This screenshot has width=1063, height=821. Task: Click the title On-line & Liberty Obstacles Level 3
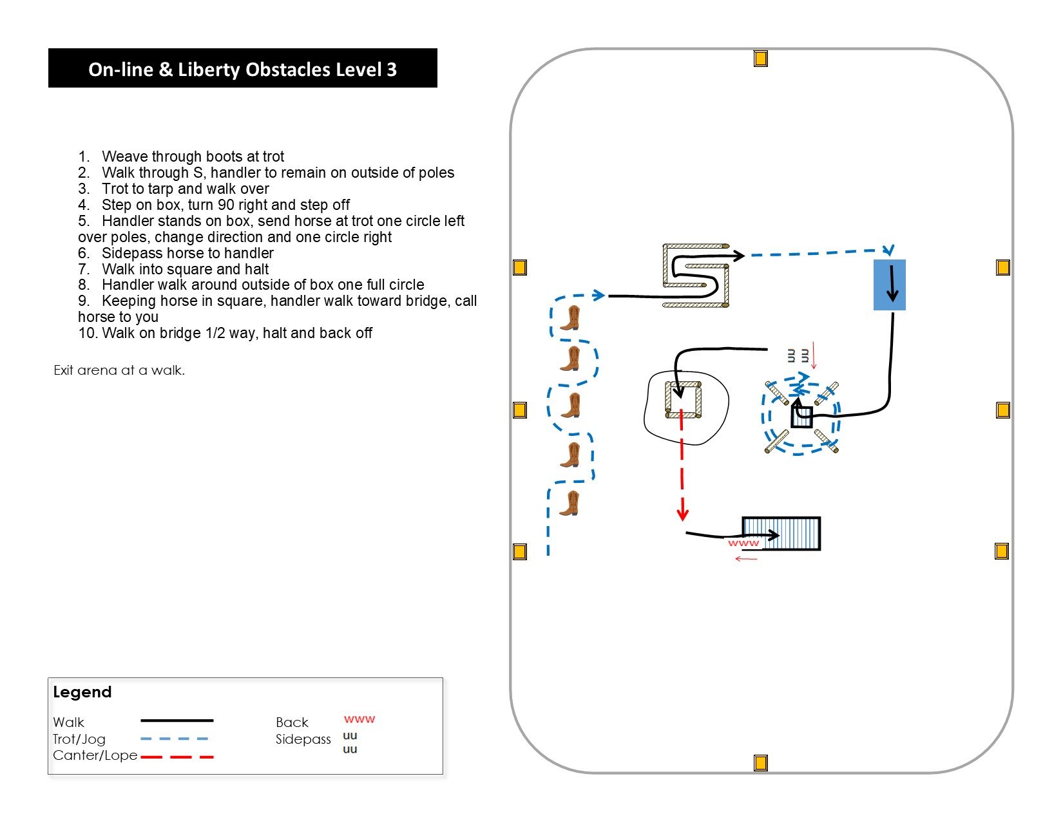(242, 70)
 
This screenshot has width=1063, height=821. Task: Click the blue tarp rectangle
(889, 285)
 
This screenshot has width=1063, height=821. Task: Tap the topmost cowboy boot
(570, 318)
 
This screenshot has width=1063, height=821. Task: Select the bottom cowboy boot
(570, 503)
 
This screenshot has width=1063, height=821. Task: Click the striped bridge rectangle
(781, 533)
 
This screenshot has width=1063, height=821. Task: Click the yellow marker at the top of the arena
(760, 59)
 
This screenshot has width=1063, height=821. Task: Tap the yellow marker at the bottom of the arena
(760, 762)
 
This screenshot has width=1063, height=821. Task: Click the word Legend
(82, 692)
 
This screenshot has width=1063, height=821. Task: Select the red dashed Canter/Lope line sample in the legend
(177, 757)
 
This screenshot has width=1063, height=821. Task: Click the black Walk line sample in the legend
(177, 721)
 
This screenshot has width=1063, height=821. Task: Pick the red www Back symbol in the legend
(359, 719)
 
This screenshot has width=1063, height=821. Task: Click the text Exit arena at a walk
(119, 370)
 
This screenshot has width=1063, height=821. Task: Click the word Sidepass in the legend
(303, 739)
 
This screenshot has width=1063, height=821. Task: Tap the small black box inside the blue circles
(802, 417)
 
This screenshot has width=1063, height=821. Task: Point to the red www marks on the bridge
(743, 543)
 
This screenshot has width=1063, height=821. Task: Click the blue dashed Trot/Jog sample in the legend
(175, 739)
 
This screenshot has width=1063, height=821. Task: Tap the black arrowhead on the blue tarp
(892, 296)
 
